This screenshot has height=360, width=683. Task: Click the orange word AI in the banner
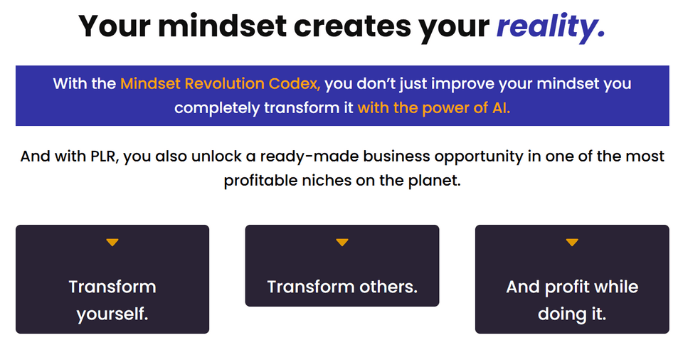point(501,108)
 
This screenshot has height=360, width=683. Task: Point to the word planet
point(435,181)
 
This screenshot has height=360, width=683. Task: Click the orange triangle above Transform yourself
point(112,243)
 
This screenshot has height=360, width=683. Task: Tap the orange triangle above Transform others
point(342,243)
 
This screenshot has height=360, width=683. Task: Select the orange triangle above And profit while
point(572,243)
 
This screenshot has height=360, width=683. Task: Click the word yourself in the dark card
point(112,314)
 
